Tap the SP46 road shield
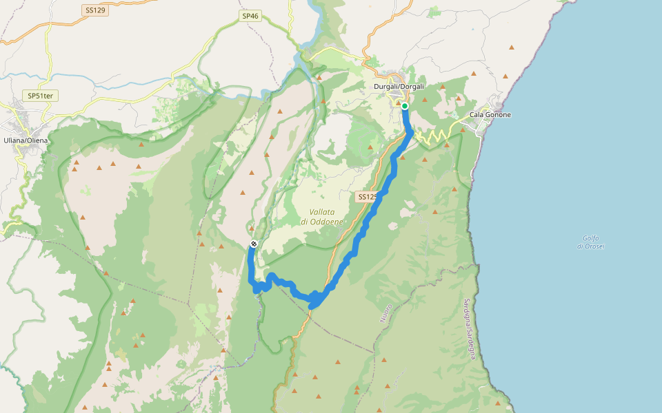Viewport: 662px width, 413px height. (x=250, y=15)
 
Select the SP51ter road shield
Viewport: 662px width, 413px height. (x=42, y=96)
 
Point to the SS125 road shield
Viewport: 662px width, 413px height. (x=368, y=197)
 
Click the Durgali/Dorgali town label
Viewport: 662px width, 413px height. (x=399, y=86)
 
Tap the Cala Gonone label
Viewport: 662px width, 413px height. (x=490, y=114)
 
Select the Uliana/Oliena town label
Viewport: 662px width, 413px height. (x=26, y=140)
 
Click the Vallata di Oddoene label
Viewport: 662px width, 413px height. (x=322, y=217)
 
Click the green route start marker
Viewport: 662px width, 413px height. (x=404, y=106)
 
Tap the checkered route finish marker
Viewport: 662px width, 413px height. (x=254, y=244)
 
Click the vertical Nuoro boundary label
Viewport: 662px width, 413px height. (x=385, y=313)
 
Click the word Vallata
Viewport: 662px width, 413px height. (x=322, y=212)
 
